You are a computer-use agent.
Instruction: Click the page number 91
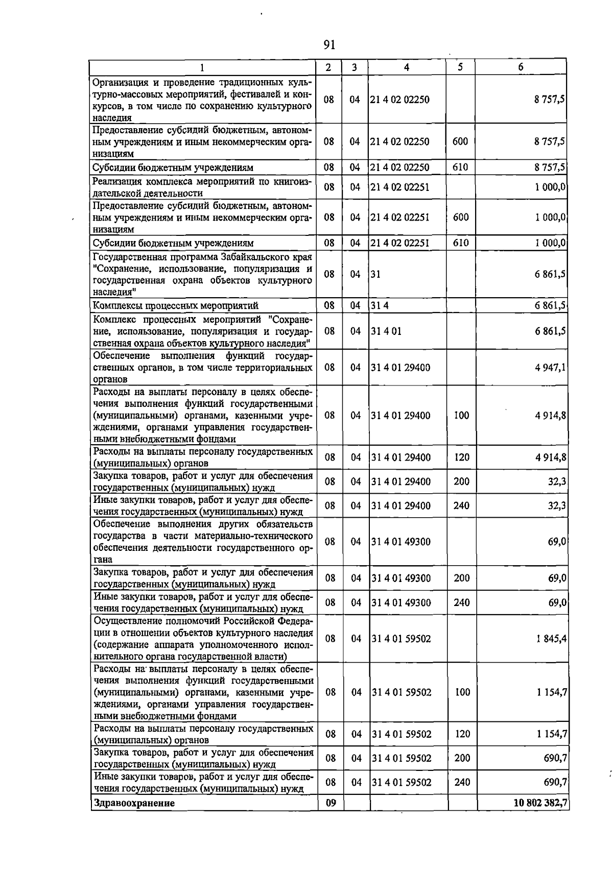pos(329,45)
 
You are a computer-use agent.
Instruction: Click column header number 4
pos(406,67)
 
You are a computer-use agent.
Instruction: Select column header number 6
pos(521,67)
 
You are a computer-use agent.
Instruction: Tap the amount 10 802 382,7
pos(540,803)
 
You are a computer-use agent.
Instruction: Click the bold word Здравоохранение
pos(133,803)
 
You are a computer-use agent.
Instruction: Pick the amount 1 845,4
pos(551,639)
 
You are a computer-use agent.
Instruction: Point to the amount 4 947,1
pos(550,368)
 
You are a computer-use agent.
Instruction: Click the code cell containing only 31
pos(375,274)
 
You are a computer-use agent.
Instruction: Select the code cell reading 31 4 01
pos(387,331)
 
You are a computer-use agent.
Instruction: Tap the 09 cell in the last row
pos(331,803)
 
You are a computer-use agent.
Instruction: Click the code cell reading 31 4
pos(380,306)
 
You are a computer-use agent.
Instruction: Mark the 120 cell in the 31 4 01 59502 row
pos(462,734)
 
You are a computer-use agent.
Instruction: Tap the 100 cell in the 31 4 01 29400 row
pos(461,416)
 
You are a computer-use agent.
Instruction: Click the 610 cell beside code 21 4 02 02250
pos(460,167)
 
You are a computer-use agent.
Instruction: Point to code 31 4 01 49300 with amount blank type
pos(401,542)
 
